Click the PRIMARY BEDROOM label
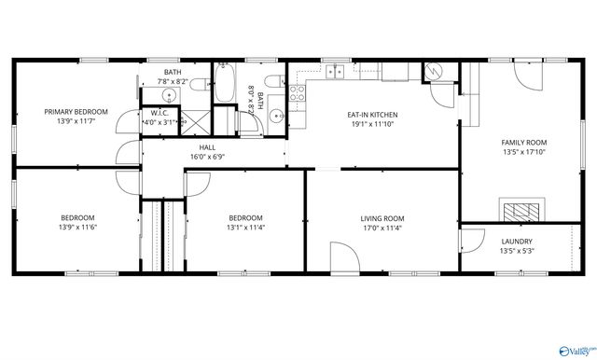[x=76, y=112]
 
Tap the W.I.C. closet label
[x=159, y=113]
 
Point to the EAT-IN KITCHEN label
[x=373, y=114]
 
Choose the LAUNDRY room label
[x=516, y=242]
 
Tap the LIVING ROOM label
[x=382, y=219]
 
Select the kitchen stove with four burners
[x=298, y=92]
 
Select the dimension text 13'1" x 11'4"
[x=246, y=228]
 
